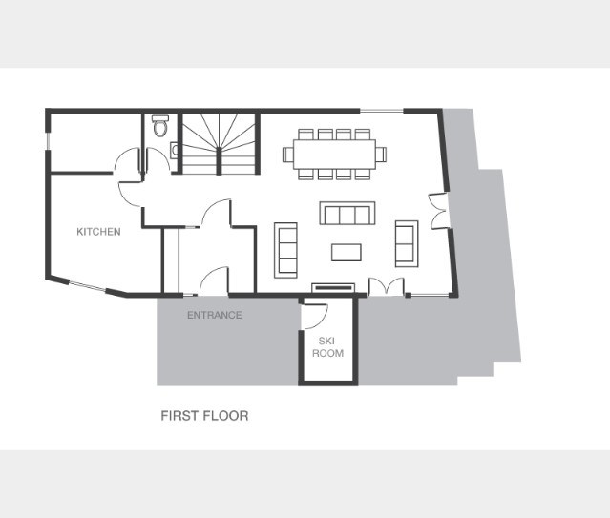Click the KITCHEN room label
(x=98, y=232)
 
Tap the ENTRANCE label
(x=215, y=315)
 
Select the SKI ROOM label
(x=327, y=347)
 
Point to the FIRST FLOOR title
(x=204, y=416)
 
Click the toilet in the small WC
(x=159, y=125)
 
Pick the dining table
(x=334, y=154)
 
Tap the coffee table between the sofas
(x=347, y=253)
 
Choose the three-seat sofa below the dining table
(x=347, y=213)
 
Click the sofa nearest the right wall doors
(x=407, y=244)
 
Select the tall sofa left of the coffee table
(x=285, y=250)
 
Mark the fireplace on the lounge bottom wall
(x=333, y=288)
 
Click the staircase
(x=219, y=143)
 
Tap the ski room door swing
(x=314, y=315)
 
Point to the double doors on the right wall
(x=438, y=211)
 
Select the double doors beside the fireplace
(x=387, y=286)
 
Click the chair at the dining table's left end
(x=288, y=155)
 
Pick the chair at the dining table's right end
(x=381, y=155)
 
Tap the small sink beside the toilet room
(x=175, y=150)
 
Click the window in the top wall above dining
(x=382, y=112)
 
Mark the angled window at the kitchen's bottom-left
(x=87, y=286)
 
